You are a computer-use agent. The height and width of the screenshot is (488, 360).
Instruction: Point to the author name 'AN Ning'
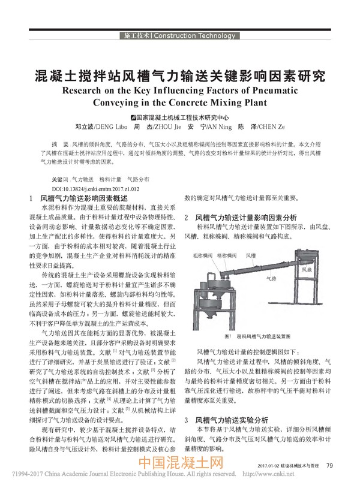213,127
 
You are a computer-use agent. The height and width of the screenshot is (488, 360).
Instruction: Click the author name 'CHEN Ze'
265,127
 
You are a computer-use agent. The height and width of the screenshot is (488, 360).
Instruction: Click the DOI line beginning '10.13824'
96,188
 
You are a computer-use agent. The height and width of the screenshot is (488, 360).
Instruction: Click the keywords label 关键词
58,179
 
